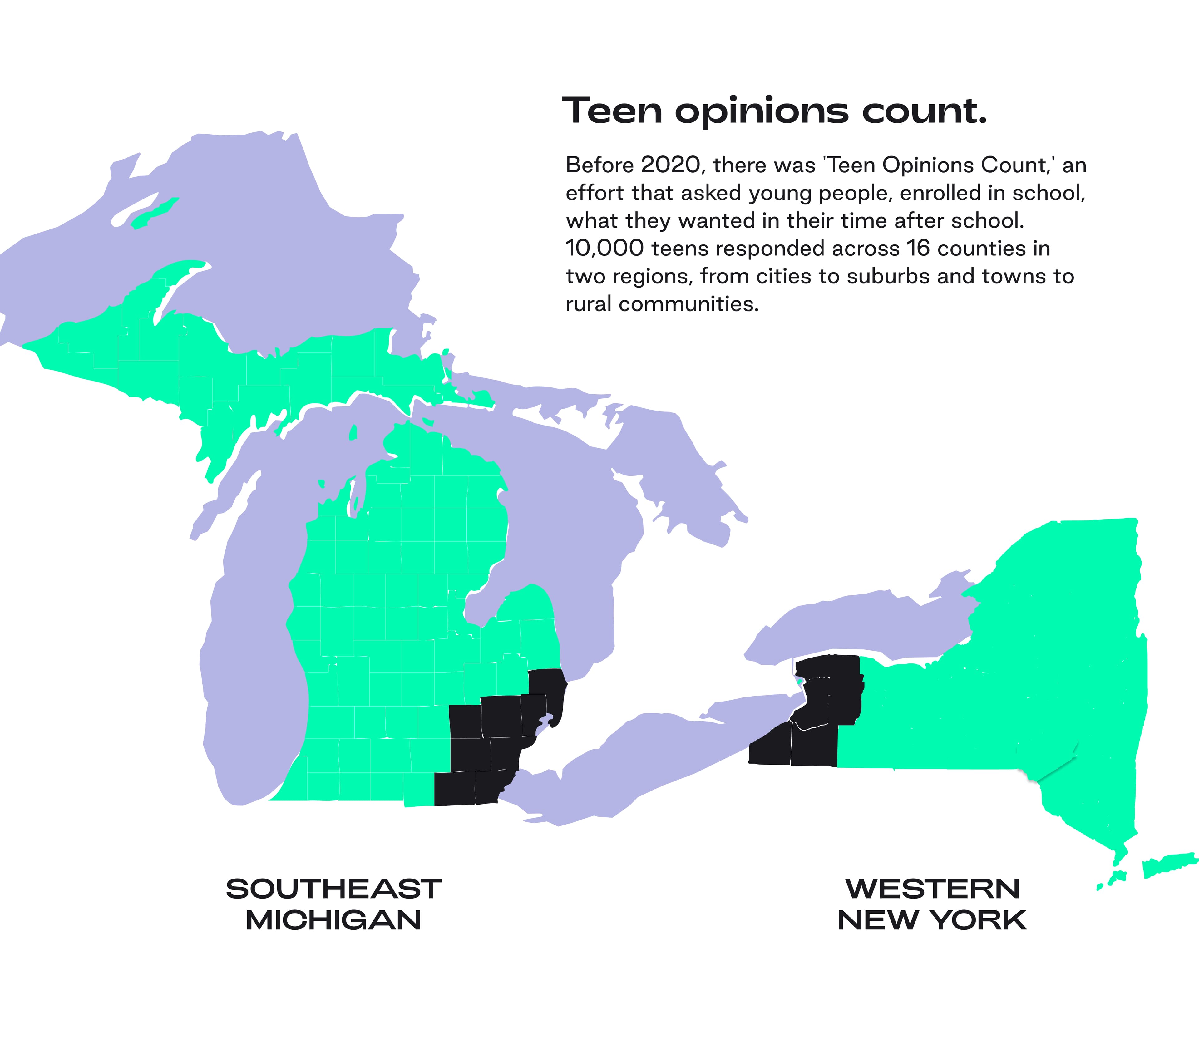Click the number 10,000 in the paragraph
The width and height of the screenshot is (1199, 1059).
[x=604, y=249]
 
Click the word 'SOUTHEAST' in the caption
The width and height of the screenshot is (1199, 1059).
[x=333, y=889]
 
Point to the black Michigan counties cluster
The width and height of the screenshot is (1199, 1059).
[x=499, y=739]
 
